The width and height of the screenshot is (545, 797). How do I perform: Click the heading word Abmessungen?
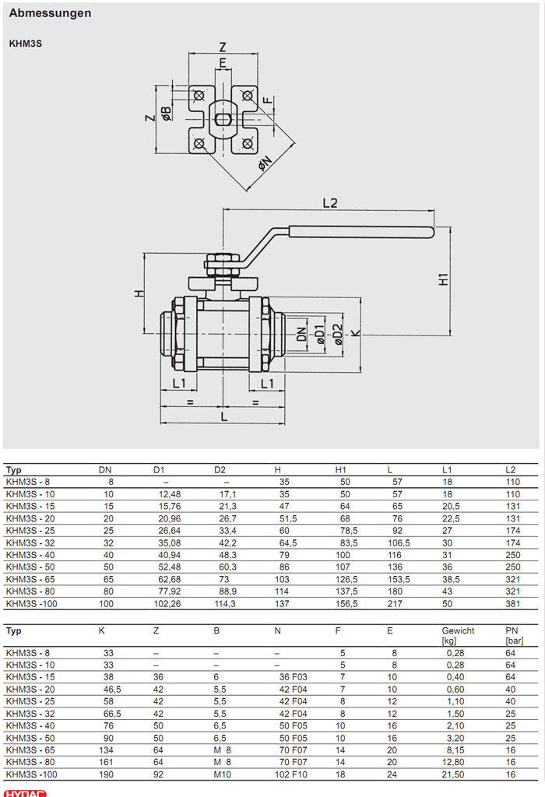click(50, 13)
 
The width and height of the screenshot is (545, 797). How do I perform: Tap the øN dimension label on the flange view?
click(265, 164)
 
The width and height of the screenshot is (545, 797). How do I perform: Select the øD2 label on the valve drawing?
click(337, 334)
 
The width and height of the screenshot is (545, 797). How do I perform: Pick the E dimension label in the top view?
click(223, 63)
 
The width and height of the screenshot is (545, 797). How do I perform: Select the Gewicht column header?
click(457, 630)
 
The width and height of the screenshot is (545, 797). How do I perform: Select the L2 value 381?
click(512, 603)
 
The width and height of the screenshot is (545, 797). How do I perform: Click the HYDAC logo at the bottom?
click(25, 793)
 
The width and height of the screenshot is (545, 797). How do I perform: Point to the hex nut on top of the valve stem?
click(221, 258)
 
